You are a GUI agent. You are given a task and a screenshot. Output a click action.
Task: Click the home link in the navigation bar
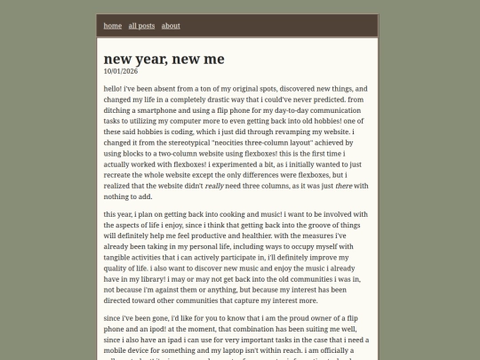[x=113, y=26]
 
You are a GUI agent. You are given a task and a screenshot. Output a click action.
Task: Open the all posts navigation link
[x=141, y=26]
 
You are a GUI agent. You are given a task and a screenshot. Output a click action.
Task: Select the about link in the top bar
[x=171, y=26]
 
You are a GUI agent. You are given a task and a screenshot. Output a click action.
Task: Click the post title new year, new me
[x=164, y=59]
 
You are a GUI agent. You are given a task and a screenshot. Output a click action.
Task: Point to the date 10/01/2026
[x=120, y=70]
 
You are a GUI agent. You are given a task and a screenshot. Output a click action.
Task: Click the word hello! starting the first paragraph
[x=113, y=90]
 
